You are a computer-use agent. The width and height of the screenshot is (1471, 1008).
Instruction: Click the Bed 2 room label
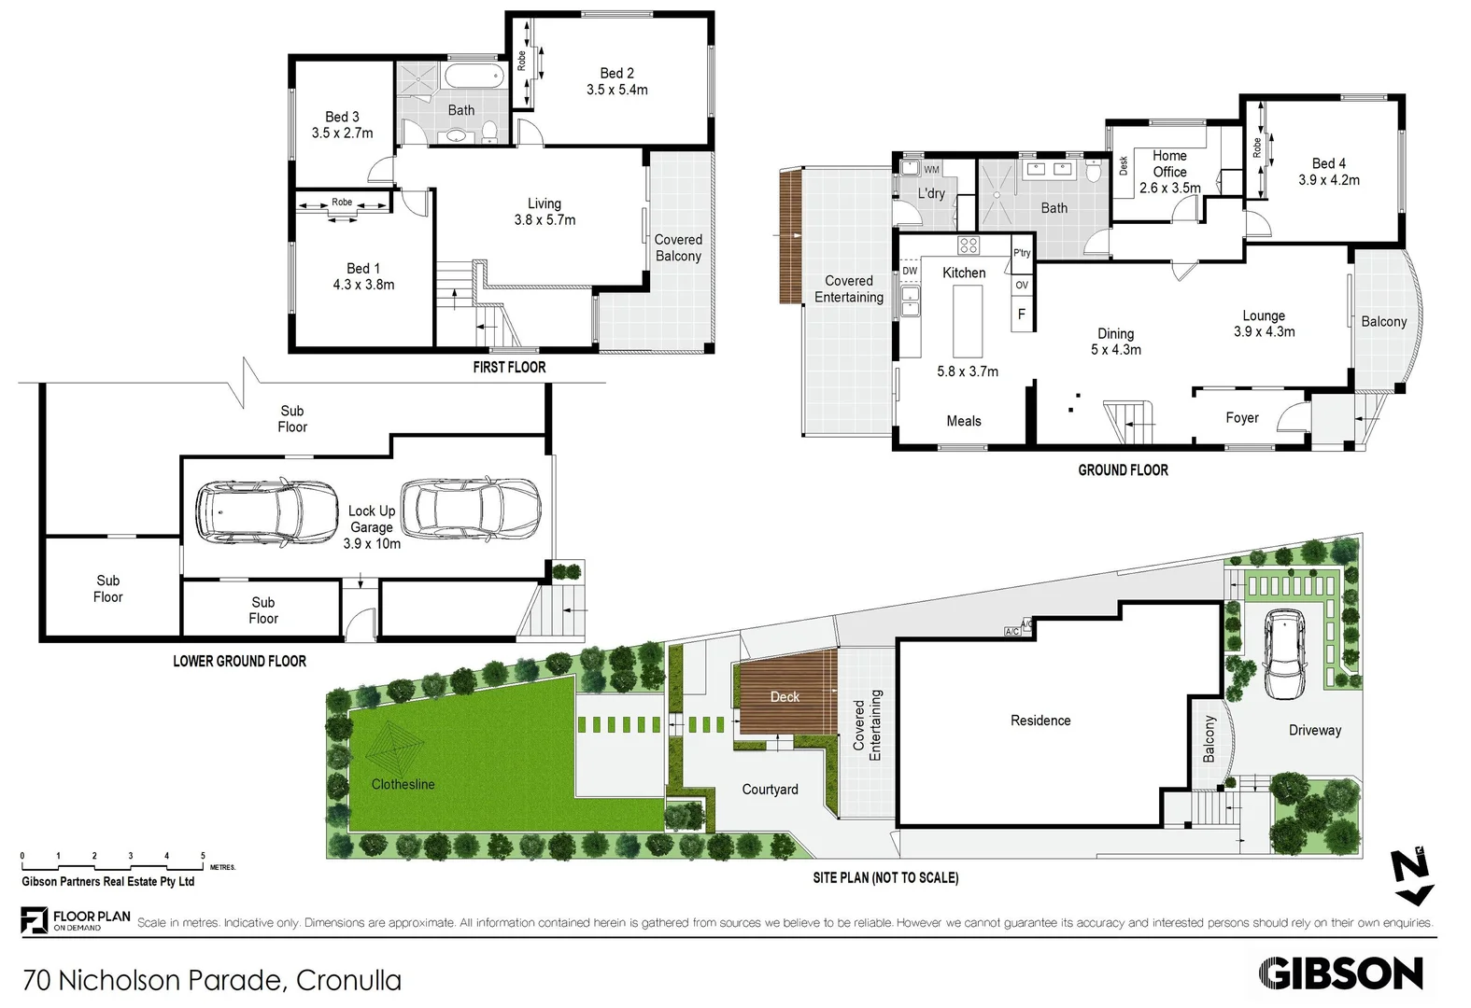pos(616,74)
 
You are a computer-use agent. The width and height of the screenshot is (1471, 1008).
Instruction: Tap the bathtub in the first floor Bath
pos(473,77)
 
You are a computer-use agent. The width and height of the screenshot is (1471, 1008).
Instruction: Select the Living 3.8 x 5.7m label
pos(545,212)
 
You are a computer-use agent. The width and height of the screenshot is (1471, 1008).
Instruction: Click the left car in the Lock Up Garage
pos(266,511)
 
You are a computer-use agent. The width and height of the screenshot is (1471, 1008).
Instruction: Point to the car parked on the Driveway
pos(1285,653)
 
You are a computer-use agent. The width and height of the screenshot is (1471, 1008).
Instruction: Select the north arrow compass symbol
pos(1410,876)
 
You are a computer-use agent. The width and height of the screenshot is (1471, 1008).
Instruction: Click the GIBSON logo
pos(1340,973)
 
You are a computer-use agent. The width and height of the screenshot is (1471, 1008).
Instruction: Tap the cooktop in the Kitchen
pos(969,245)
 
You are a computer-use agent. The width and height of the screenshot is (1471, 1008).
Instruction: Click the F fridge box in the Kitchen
pos(1022,315)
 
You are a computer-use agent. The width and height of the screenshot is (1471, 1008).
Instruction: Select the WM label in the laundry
pos(931,170)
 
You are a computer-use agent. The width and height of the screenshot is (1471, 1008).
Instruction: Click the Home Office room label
pos(1169,164)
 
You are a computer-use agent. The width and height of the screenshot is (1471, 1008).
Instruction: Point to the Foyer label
pos(1241,418)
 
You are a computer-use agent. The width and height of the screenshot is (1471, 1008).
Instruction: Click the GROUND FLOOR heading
pos(1123,470)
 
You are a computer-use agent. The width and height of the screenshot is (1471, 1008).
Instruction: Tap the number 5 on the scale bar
pos(203,856)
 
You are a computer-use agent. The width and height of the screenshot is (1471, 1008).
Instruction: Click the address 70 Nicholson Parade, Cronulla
pos(212,980)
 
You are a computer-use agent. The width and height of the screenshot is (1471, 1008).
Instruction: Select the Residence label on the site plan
pos(1040,721)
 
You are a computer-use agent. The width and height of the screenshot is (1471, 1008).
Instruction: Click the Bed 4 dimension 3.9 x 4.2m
pos(1328,180)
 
